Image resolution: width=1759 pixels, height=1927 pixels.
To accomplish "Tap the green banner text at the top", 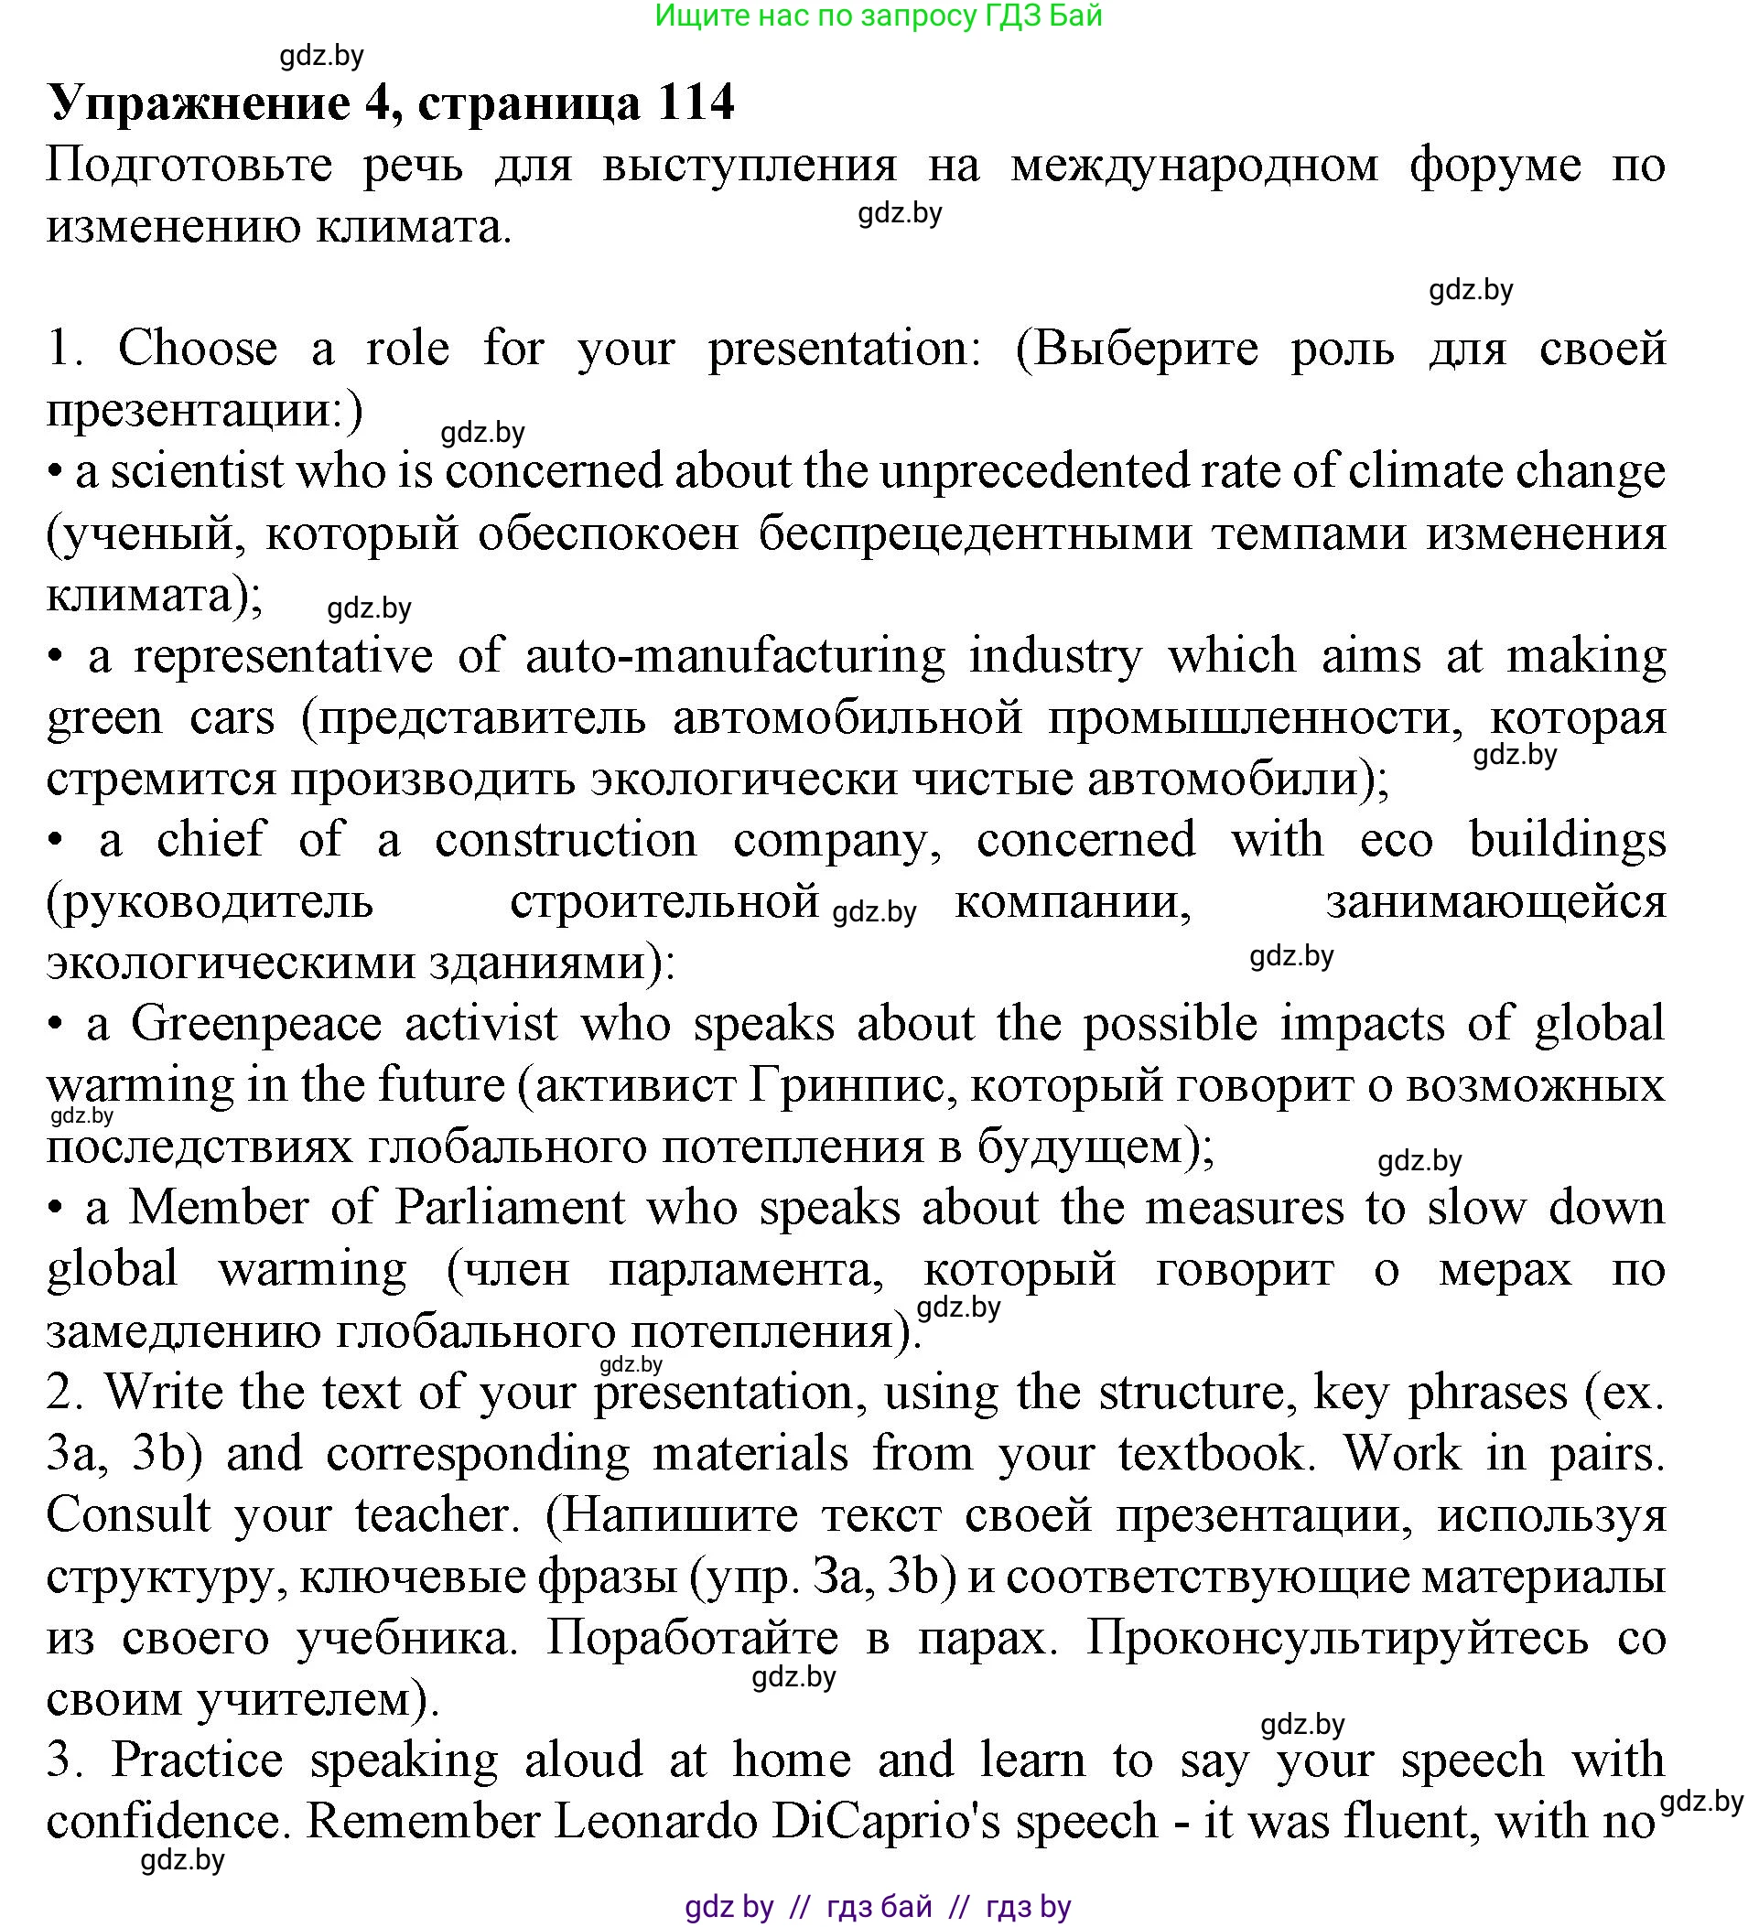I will (879, 16).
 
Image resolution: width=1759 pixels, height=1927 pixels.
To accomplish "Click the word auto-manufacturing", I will (735, 657).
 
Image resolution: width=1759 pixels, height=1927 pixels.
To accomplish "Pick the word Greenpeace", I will (257, 1024).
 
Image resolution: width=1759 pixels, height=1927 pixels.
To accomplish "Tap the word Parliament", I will (510, 1207).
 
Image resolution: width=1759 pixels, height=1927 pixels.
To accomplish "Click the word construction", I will (566, 840).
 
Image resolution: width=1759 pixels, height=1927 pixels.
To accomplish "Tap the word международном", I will (1194, 166).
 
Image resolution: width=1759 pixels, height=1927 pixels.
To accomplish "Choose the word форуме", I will (1495, 166).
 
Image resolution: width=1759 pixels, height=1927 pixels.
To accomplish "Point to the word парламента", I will (747, 1269).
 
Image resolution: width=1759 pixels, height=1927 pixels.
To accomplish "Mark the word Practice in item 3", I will (197, 1760).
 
